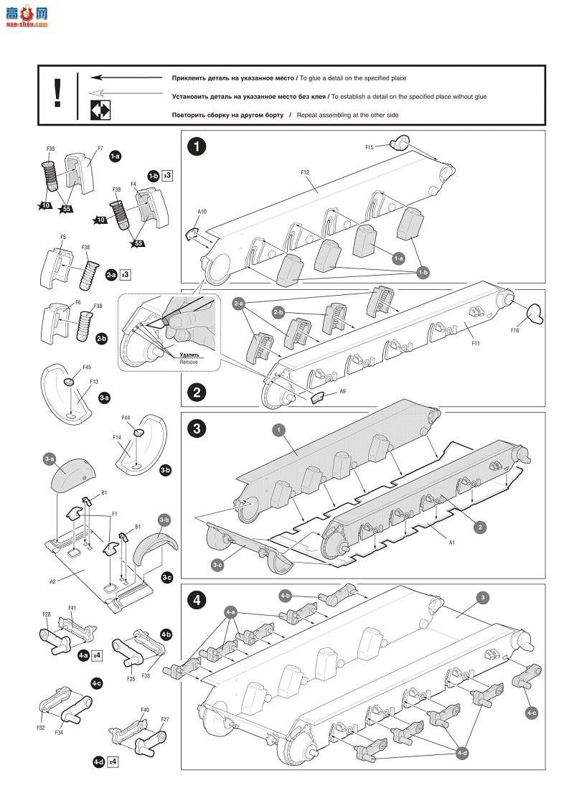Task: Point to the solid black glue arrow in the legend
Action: click(126, 77)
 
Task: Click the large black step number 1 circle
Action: click(197, 147)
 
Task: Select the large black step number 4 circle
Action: click(197, 600)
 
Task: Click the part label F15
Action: click(370, 147)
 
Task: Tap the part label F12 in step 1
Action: click(305, 172)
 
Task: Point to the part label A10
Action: click(202, 212)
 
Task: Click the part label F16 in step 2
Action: click(514, 330)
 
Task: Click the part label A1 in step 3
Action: click(452, 543)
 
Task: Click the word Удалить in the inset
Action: click(189, 355)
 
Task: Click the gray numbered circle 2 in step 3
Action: click(480, 528)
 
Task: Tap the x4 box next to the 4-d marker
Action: click(113, 761)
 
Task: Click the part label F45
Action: click(87, 367)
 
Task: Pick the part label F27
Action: click(165, 719)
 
